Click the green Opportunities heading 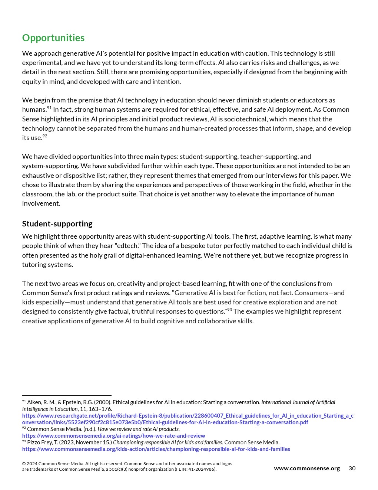coord(53,38)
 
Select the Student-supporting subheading coord(57,223)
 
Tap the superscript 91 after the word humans coord(49,108)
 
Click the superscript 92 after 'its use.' coord(45,136)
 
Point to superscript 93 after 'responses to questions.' coord(229,310)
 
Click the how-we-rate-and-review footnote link coord(113,436)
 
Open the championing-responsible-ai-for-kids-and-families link coord(156,449)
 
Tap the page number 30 coord(352,468)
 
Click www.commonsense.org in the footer coord(307,468)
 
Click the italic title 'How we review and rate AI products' coord(138,429)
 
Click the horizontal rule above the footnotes coord(67,396)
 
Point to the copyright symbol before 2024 coord(24,464)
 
